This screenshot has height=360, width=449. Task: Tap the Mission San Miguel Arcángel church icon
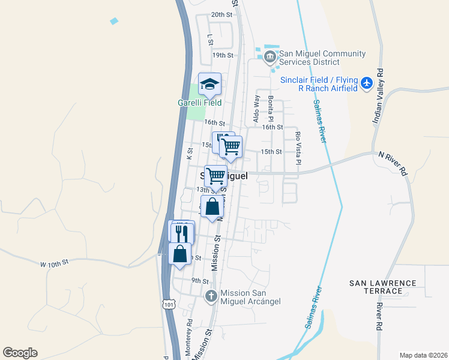(x=211, y=296)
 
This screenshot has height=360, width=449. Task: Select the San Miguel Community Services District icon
(x=270, y=58)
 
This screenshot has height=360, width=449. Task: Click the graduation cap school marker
(x=210, y=84)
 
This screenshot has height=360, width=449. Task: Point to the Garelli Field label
(x=199, y=103)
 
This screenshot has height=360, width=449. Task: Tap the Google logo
(x=20, y=353)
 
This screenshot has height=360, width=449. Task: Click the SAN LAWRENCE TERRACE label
(x=384, y=287)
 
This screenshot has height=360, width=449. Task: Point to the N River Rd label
(x=393, y=163)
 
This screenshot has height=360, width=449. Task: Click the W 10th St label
(x=55, y=263)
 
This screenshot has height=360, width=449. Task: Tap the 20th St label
(x=221, y=14)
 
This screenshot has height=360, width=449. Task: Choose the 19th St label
(x=222, y=55)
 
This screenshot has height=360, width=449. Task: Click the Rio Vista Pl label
(x=298, y=149)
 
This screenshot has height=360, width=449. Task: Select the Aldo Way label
(x=256, y=109)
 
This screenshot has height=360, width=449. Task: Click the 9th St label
(x=200, y=281)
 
